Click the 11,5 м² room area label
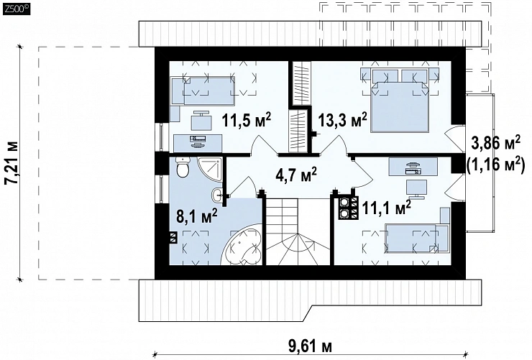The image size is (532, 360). [x=247, y=120]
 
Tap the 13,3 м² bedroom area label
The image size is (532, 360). [x=343, y=120]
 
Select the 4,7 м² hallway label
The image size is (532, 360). [x=296, y=175]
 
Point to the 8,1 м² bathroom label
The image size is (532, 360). [x=197, y=216]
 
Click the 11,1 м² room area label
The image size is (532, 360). [x=387, y=207]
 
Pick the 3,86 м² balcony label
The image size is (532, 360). [x=496, y=144]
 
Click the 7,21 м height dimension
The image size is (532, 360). [x=13, y=162]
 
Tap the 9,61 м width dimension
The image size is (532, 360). [x=310, y=347]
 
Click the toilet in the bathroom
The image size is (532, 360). [x=182, y=167]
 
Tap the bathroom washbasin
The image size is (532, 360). [x=218, y=195]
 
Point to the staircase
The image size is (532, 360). [x=298, y=231]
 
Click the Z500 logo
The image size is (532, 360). [x=17, y=9]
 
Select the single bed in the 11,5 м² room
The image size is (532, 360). [x=203, y=91]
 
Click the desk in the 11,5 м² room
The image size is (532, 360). [x=198, y=143]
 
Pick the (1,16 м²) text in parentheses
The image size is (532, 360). [x=496, y=165]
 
